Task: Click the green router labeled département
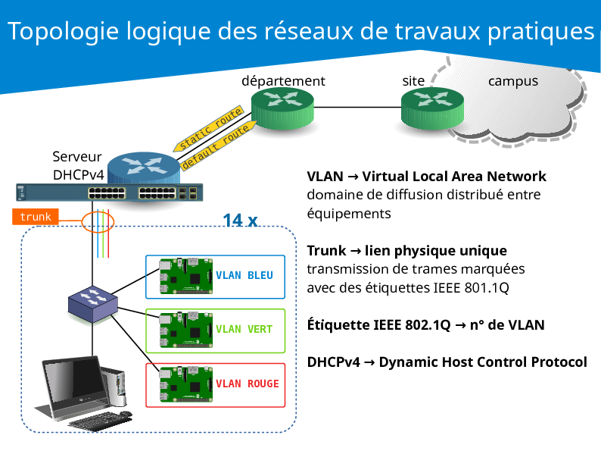tap(282, 108)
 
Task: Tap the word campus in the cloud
tap(512, 80)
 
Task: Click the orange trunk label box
tap(36, 218)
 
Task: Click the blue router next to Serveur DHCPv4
tap(144, 169)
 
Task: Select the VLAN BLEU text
tap(244, 275)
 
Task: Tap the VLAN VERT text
tap(244, 329)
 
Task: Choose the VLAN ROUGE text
tap(247, 384)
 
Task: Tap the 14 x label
tap(241, 221)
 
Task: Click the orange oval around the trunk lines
tap(98, 221)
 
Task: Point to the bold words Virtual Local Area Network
tap(454, 177)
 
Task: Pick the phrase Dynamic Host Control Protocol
tap(483, 362)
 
